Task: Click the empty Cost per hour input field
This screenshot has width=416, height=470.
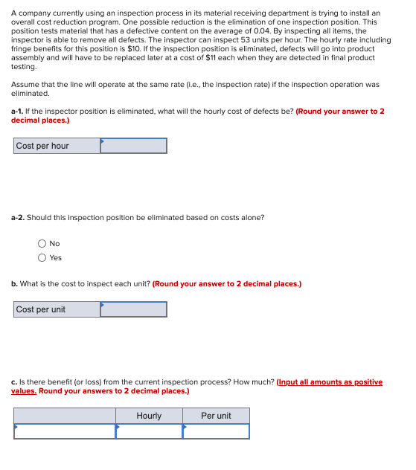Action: pyautogui.click(x=133, y=146)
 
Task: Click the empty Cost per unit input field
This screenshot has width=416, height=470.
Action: pyautogui.click(x=133, y=309)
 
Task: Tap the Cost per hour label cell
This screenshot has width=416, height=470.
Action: pyautogui.click(x=57, y=146)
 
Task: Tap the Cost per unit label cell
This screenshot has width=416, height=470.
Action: pyautogui.click(x=57, y=309)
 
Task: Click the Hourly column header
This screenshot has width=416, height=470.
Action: pyautogui.click(x=149, y=416)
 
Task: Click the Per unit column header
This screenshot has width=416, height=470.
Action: pyautogui.click(x=216, y=416)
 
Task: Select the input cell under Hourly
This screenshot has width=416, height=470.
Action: pyautogui.click(x=149, y=431)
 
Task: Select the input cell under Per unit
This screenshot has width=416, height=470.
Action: pyautogui.click(x=216, y=431)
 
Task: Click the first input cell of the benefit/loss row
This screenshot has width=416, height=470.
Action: pyautogui.click(x=65, y=431)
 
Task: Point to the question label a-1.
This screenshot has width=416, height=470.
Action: pyautogui.click(x=18, y=112)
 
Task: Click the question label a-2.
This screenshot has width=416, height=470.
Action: pyautogui.click(x=18, y=217)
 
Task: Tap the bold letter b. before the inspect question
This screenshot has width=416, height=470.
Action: pyautogui.click(x=14, y=284)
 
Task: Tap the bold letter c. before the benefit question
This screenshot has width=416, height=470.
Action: pyautogui.click(x=14, y=382)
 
